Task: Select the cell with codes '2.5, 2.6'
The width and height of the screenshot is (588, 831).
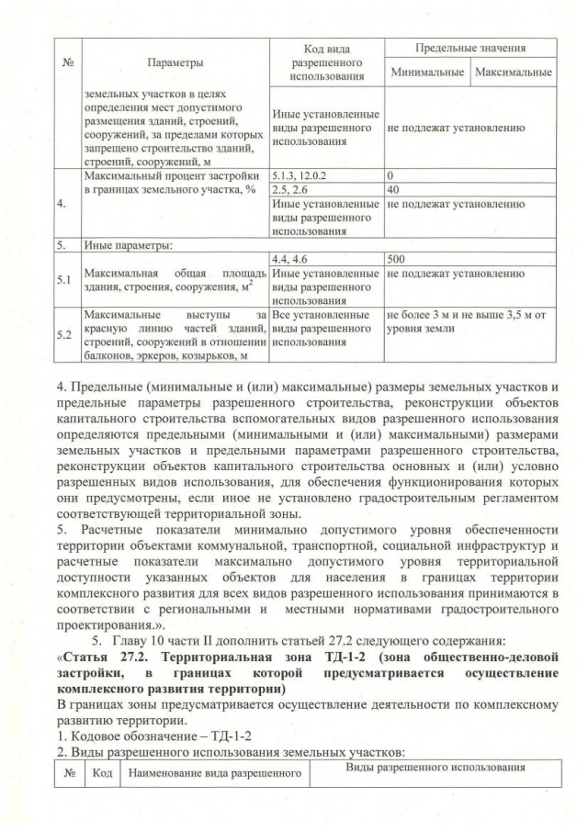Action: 290,188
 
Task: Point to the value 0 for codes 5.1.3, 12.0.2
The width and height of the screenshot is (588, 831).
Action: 390,173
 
